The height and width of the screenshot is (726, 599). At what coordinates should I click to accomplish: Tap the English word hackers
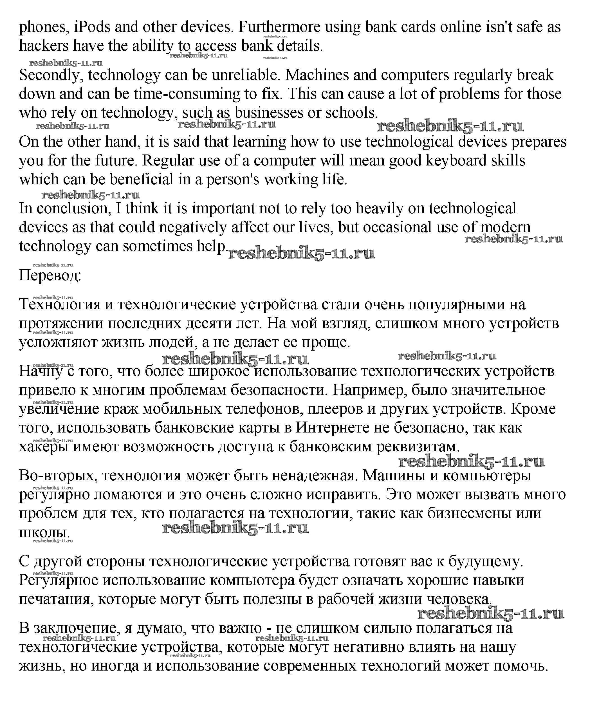[44, 46]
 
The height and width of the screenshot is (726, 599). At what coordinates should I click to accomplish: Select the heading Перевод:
[50, 276]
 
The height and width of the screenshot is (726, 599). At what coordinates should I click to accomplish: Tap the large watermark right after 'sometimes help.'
[301, 254]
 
